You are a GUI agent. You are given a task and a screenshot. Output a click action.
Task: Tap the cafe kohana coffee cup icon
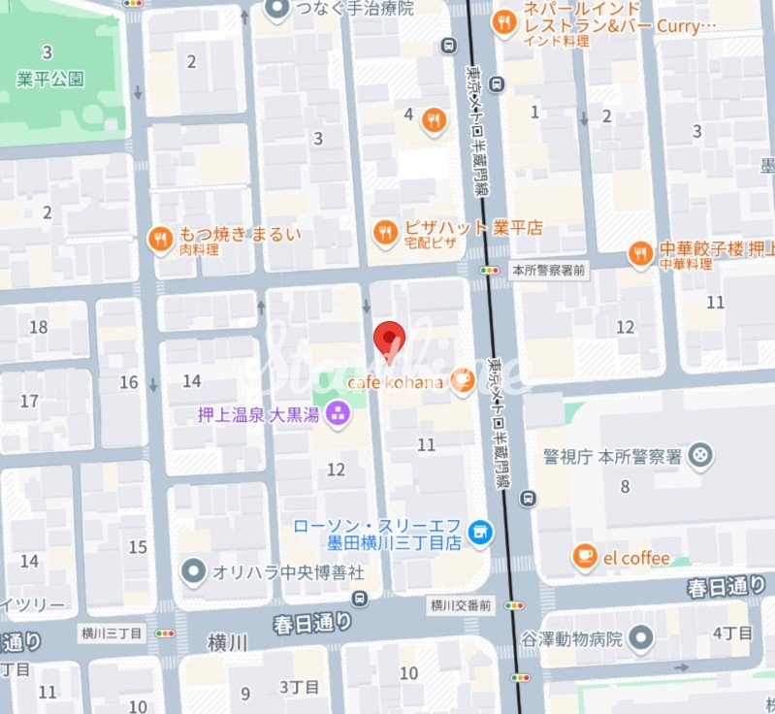tap(463, 382)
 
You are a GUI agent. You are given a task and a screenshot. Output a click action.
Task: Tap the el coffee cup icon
tap(584, 557)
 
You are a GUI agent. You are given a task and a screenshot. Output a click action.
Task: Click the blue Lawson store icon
tap(478, 532)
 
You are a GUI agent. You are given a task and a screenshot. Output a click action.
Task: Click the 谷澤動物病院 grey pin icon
tap(641, 637)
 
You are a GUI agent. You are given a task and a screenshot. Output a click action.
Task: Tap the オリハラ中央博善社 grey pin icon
tap(196, 569)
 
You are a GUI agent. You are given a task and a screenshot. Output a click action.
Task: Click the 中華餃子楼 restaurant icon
tap(640, 252)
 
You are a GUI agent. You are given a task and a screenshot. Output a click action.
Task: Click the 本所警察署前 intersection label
tap(549, 270)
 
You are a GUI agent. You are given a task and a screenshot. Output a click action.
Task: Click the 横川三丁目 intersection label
tap(112, 633)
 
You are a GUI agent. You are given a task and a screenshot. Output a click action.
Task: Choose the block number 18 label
tap(39, 327)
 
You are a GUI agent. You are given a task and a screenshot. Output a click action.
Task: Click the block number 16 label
tap(129, 382)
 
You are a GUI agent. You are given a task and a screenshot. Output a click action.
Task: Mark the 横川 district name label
tap(229, 643)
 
